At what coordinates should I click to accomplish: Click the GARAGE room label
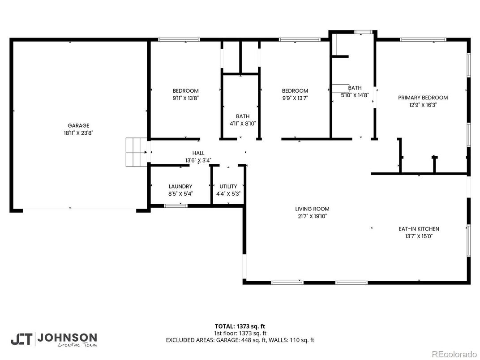tap(78, 126)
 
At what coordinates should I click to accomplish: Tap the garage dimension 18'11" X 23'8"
tap(78, 133)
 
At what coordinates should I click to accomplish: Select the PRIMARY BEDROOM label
tap(423, 98)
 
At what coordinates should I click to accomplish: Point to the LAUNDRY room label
tap(180, 187)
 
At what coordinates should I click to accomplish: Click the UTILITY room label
tap(228, 187)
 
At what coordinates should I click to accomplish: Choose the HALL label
tap(198, 153)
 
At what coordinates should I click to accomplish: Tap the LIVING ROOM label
tap(312, 209)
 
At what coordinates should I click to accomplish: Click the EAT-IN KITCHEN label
tap(419, 229)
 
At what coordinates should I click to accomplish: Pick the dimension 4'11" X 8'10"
tap(243, 124)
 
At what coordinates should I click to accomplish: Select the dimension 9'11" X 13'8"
tap(185, 98)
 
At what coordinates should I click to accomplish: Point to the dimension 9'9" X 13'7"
tap(295, 98)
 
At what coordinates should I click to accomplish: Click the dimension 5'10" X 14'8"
tap(355, 95)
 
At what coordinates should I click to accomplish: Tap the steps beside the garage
tap(136, 152)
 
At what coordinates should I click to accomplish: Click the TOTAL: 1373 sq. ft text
tap(240, 326)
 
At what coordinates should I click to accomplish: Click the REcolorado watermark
tap(454, 354)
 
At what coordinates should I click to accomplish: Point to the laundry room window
tap(176, 206)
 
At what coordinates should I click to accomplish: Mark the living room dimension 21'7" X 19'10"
tap(312, 216)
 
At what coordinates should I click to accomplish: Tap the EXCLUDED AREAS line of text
tap(240, 340)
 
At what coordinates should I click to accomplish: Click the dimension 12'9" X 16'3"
tap(423, 105)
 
